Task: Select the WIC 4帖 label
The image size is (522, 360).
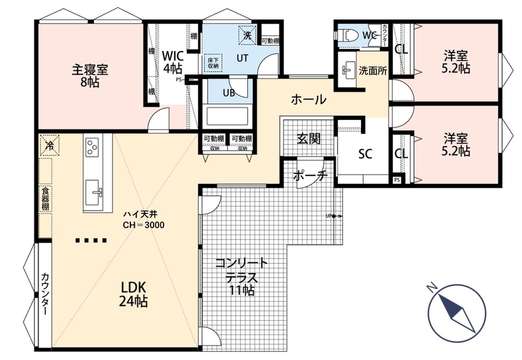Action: tap(173, 61)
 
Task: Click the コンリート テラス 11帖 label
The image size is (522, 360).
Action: tap(241, 276)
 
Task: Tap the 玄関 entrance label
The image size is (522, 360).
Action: tap(308, 138)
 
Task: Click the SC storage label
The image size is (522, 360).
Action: tap(364, 154)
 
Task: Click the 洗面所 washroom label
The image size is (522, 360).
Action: tap(373, 70)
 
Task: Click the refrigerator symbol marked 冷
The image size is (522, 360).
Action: tap(48, 145)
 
